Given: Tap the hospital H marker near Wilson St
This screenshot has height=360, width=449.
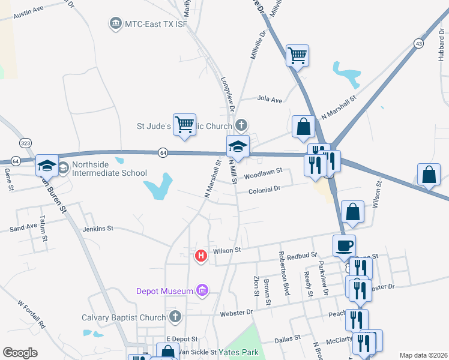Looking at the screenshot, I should (x=201, y=256).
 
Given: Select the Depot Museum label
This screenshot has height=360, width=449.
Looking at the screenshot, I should (x=164, y=291).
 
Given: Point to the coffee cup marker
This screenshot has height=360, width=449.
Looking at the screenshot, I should (x=345, y=245).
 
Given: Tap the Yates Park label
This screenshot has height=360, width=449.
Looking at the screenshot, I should (x=238, y=352).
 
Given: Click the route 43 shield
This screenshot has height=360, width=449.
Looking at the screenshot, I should (x=418, y=43).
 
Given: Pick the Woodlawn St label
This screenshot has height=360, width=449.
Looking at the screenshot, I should (x=262, y=176).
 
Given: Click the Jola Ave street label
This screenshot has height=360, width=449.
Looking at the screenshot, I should (x=270, y=99).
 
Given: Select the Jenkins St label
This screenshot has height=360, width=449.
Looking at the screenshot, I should (x=98, y=228).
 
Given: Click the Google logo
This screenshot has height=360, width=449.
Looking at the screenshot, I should (x=20, y=353).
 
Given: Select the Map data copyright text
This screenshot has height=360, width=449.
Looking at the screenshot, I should (x=423, y=355).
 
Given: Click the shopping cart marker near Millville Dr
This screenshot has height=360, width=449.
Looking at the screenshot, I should (x=297, y=56).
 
